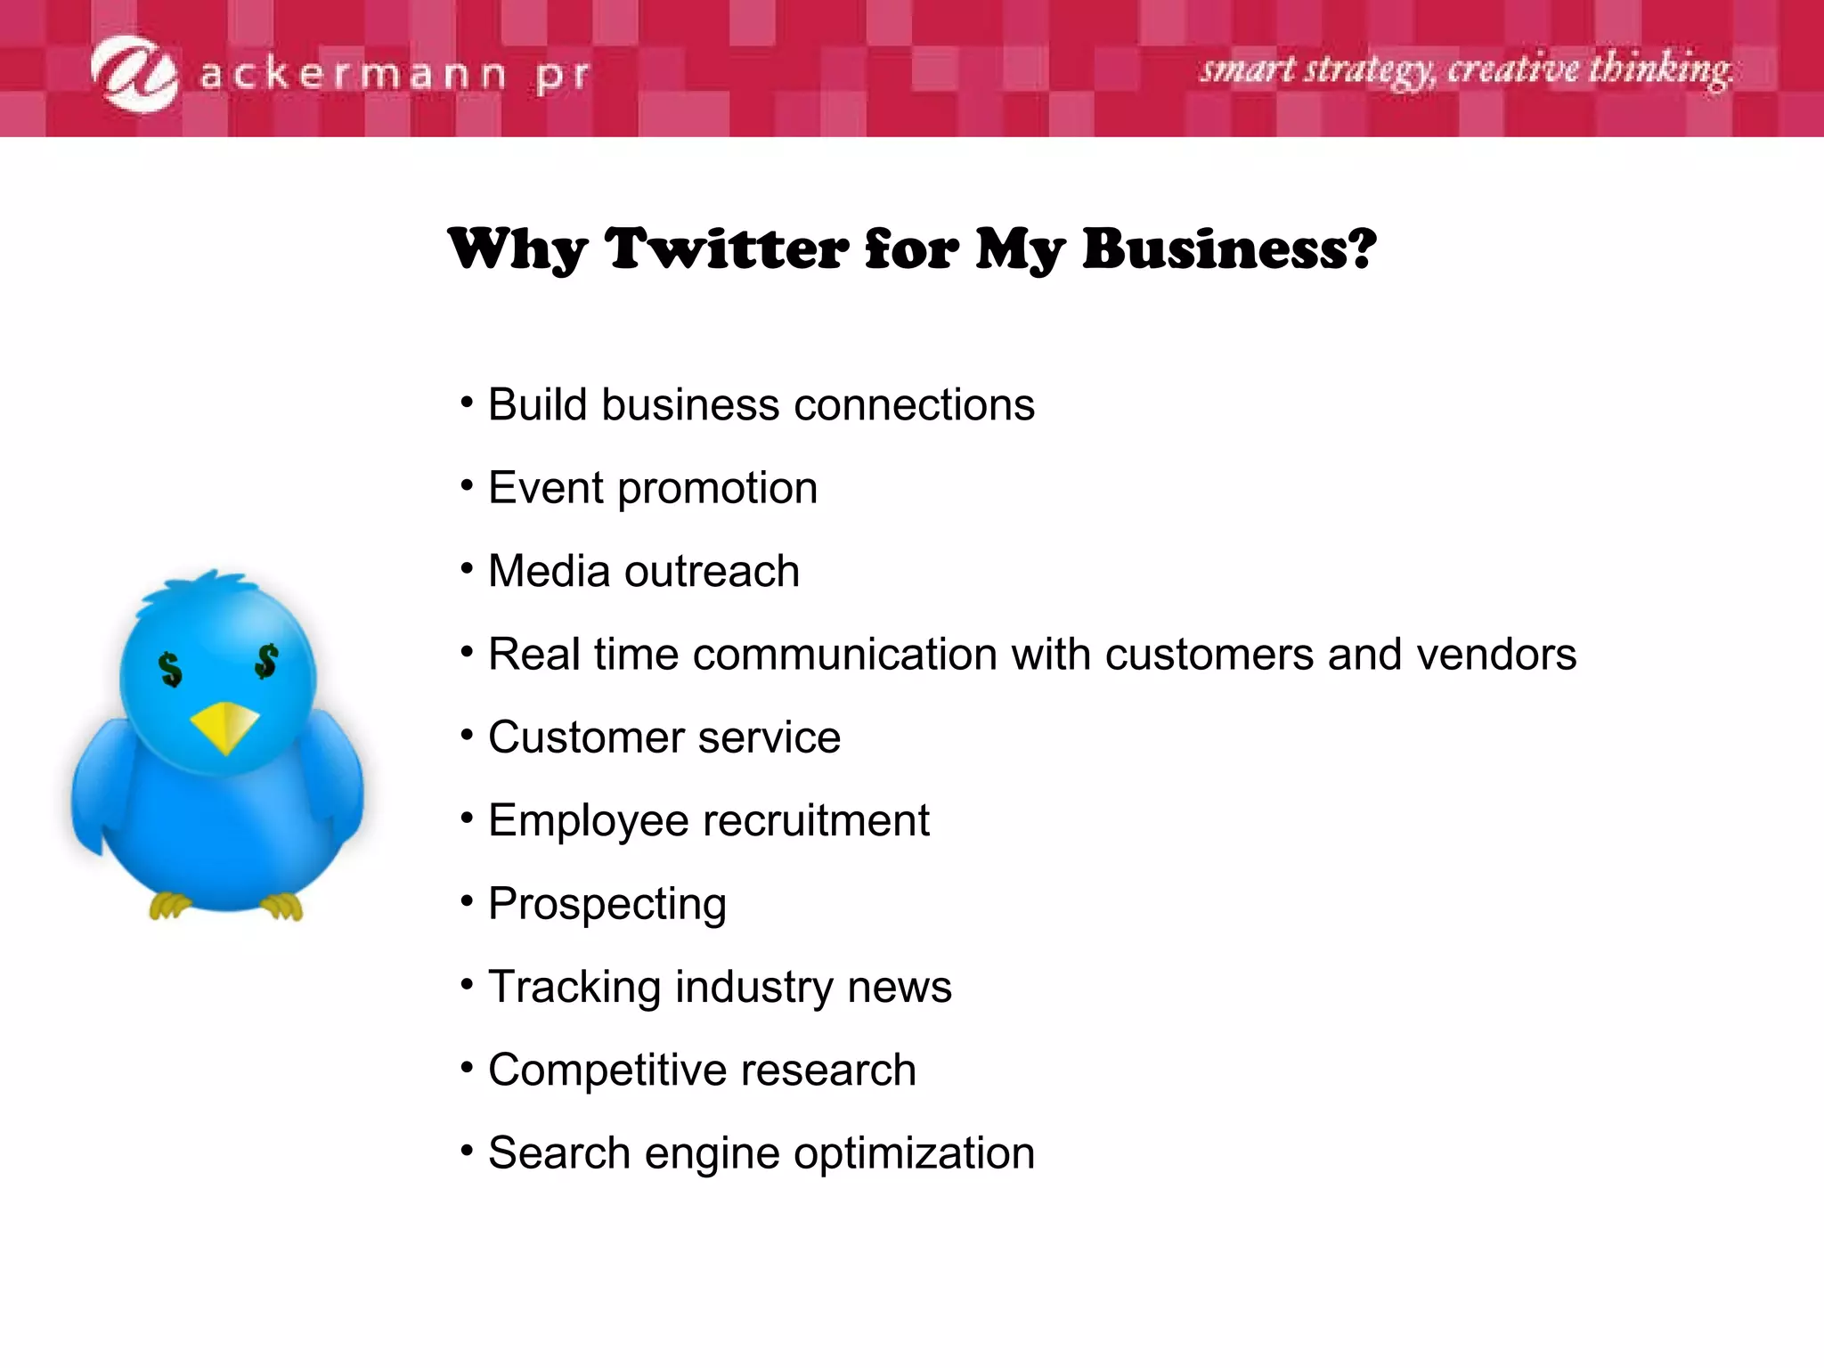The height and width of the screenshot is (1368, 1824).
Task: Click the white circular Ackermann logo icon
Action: click(x=135, y=74)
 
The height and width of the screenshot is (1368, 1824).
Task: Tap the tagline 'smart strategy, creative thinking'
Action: click(x=1465, y=69)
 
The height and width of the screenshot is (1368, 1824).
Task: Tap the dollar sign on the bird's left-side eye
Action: click(x=170, y=669)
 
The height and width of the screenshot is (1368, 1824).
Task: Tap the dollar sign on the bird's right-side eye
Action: click(x=266, y=662)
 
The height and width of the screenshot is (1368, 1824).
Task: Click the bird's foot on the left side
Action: click(x=169, y=906)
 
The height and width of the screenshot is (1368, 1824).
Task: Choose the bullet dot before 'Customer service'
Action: click(x=467, y=736)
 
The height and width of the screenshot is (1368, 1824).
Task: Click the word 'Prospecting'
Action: click(x=607, y=905)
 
